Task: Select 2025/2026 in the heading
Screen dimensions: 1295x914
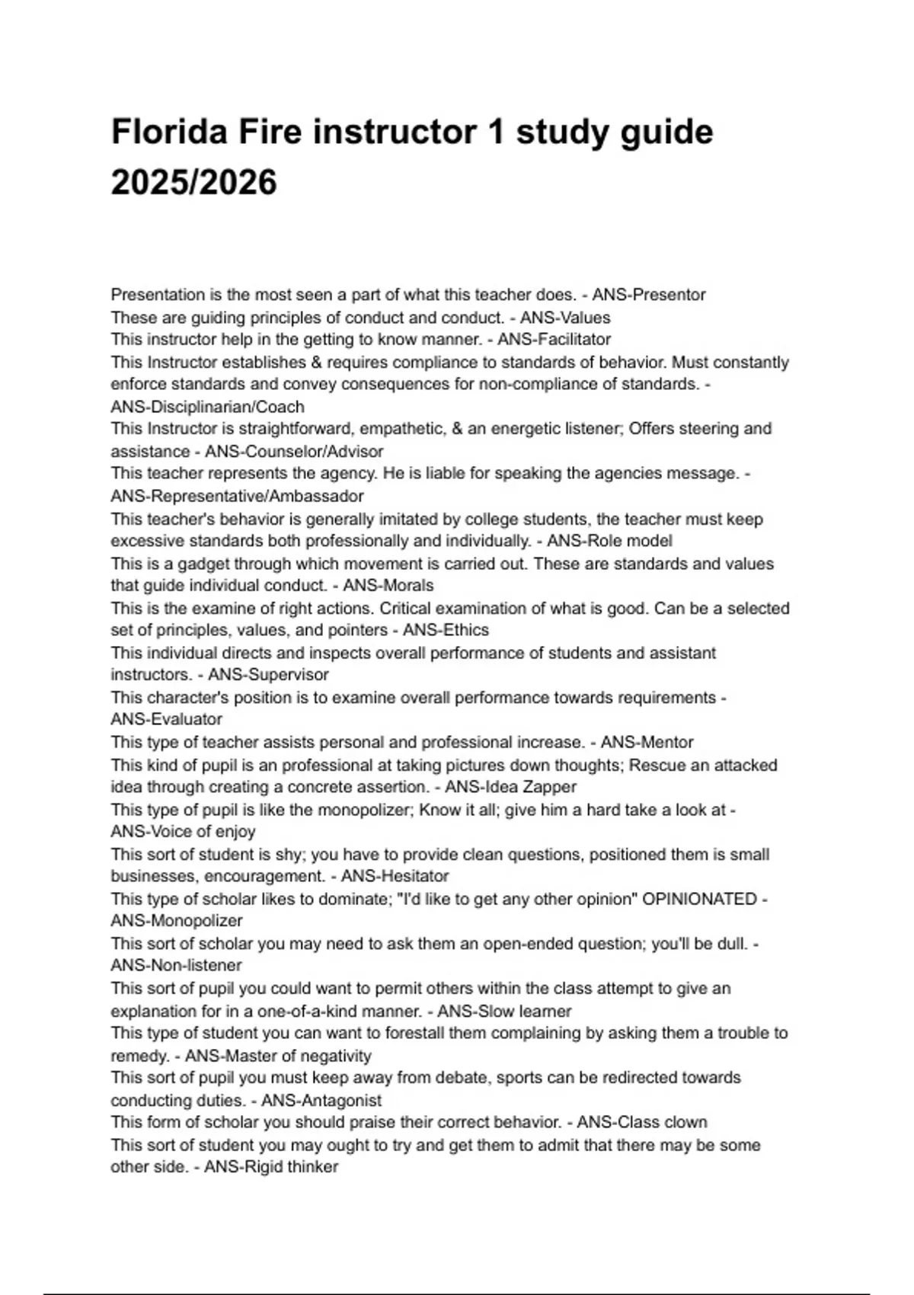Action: click(193, 183)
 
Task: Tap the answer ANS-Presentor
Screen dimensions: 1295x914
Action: click(648, 295)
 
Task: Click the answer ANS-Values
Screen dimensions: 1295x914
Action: click(565, 318)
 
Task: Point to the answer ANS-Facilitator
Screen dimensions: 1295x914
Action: click(554, 339)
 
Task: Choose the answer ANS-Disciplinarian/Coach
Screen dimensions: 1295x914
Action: click(207, 407)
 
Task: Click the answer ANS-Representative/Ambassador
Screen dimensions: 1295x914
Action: click(237, 496)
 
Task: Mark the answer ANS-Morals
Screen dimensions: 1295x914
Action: click(388, 585)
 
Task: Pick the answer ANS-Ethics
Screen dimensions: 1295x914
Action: click(446, 630)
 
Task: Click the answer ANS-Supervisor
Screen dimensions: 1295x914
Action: click(268, 674)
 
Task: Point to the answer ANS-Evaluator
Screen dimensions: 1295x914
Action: click(166, 719)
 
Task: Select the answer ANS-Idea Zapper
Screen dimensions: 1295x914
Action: click(510, 786)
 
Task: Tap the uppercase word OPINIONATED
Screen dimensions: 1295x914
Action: click(699, 899)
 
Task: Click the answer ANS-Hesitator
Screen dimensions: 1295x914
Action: click(395, 876)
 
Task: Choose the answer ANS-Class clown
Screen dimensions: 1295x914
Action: click(641, 1122)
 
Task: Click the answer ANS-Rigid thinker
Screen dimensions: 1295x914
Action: click(271, 1167)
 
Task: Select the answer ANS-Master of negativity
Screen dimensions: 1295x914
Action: click(278, 1056)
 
